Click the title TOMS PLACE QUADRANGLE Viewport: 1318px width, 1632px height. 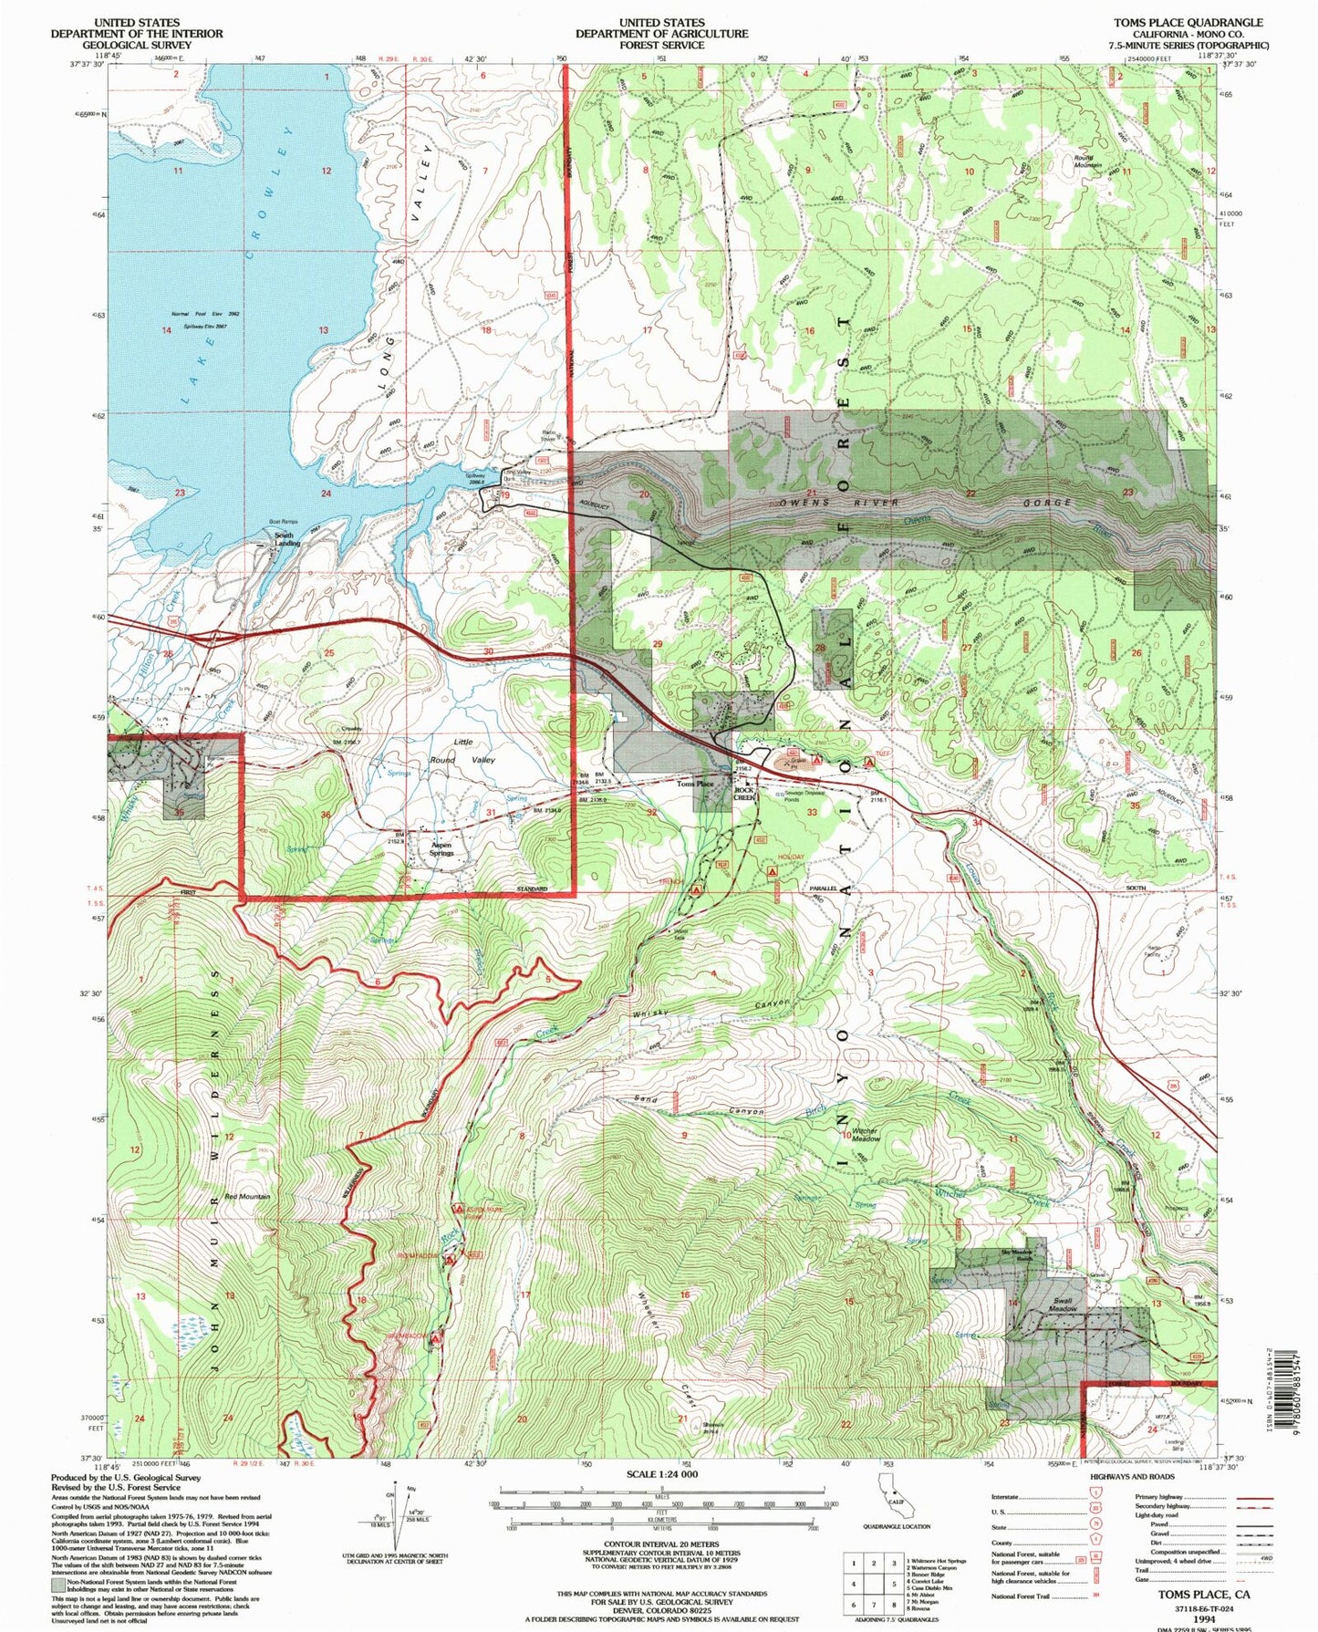[1188, 23]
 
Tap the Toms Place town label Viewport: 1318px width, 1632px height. [694, 784]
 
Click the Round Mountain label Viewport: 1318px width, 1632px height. [1087, 161]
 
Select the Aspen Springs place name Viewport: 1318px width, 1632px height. [441, 849]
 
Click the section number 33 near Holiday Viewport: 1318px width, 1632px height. [812, 812]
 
